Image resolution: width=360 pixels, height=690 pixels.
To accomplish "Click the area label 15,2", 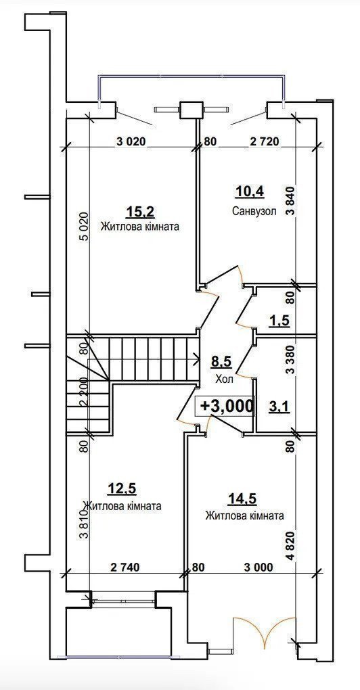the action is [x=140, y=212].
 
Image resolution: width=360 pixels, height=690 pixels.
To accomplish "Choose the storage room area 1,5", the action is [x=279, y=321].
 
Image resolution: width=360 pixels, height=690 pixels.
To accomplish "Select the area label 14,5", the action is [x=242, y=498].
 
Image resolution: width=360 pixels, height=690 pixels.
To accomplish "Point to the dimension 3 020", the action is [x=131, y=141].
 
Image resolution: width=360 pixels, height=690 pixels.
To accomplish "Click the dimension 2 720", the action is [x=264, y=141].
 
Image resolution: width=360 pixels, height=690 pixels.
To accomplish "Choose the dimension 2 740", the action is [x=125, y=568].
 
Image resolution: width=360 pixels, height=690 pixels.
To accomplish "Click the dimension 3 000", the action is [x=258, y=568].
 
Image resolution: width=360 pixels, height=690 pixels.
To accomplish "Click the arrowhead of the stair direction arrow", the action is [x=196, y=359].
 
